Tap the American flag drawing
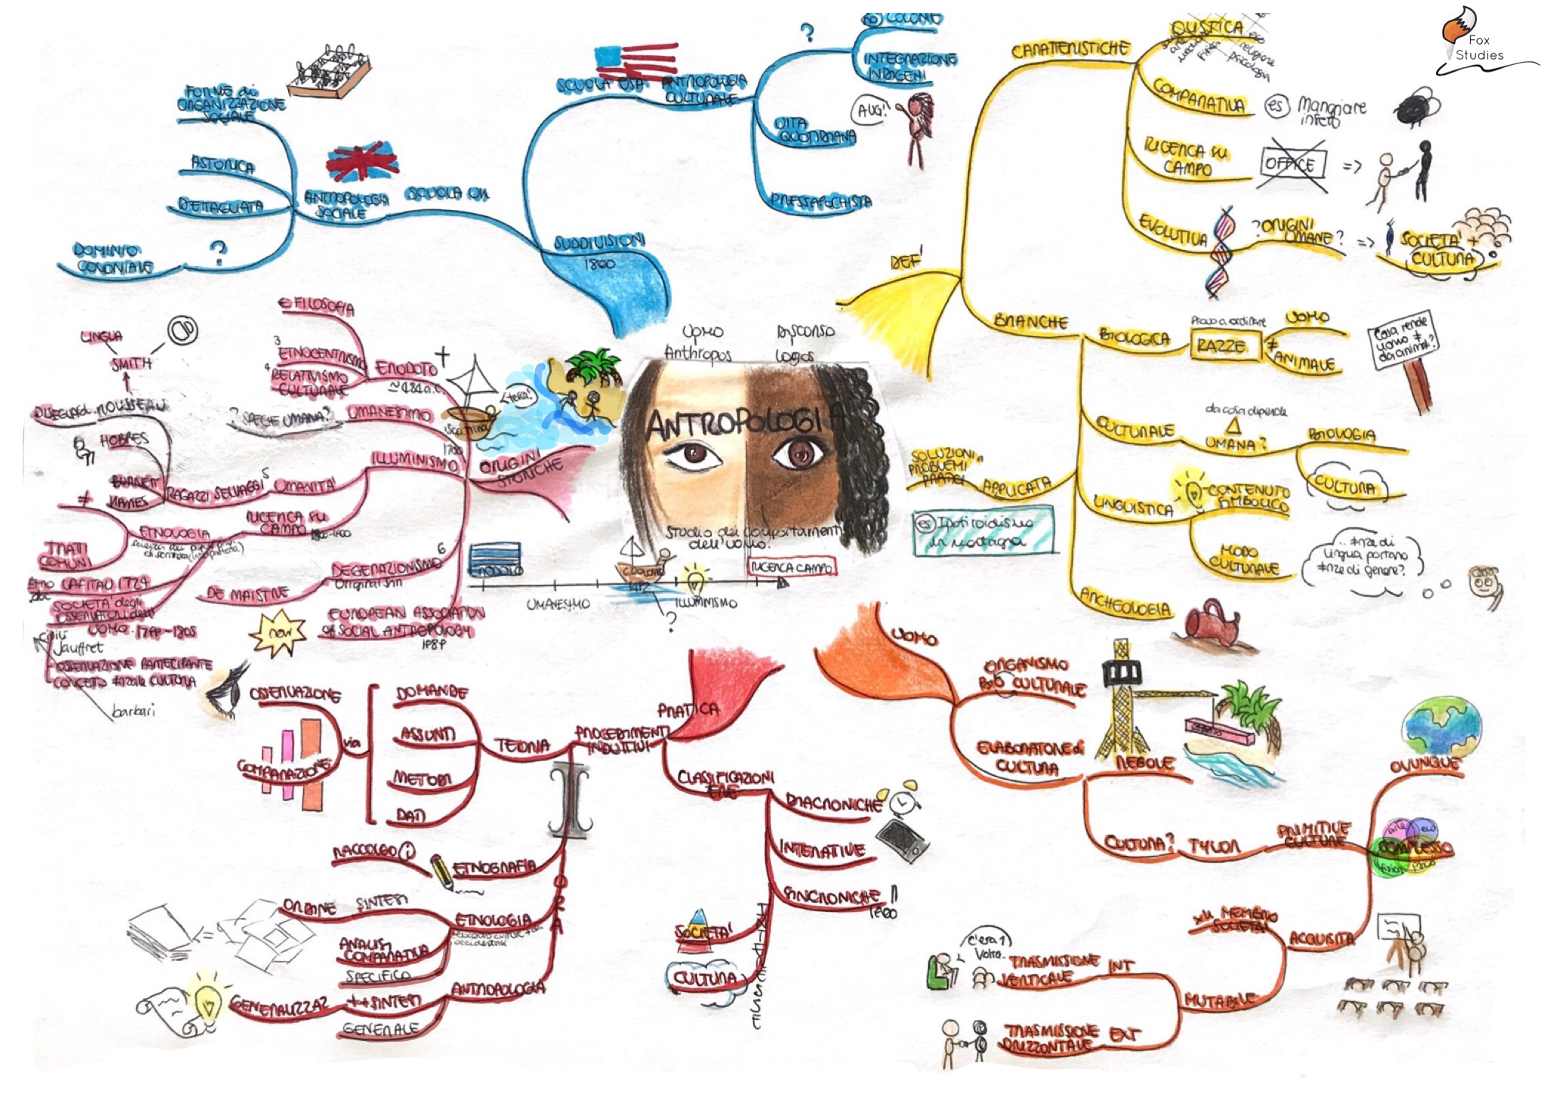tap(636, 60)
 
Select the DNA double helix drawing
tap(1221, 252)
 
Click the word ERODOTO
tap(407, 369)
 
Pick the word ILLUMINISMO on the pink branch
tap(414, 460)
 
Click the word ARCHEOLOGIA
tap(1125, 601)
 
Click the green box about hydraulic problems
tap(982, 530)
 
